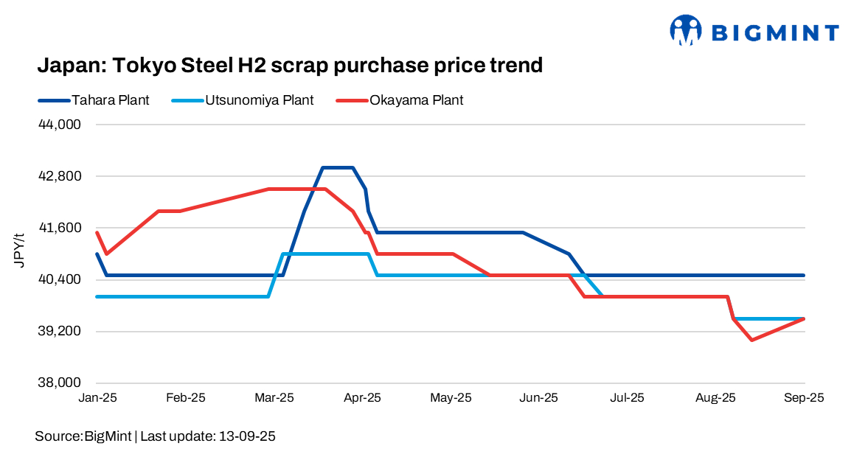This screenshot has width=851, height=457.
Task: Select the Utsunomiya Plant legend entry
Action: (257, 100)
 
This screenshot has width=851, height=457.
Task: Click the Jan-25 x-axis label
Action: (98, 397)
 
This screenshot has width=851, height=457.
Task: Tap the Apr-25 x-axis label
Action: (362, 397)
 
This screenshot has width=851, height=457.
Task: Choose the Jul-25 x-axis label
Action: (627, 397)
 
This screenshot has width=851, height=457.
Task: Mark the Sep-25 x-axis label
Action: (804, 397)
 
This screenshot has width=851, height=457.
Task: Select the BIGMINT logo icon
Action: (685, 30)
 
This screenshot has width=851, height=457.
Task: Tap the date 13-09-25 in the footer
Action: (246, 436)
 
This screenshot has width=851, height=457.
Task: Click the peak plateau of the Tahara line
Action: (338, 167)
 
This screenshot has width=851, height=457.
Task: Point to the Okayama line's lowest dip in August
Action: (751, 340)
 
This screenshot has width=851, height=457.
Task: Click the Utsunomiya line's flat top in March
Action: (324, 254)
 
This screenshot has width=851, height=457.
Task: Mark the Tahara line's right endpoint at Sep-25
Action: (804, 275)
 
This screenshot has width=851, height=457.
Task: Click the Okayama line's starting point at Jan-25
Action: (97, 232)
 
